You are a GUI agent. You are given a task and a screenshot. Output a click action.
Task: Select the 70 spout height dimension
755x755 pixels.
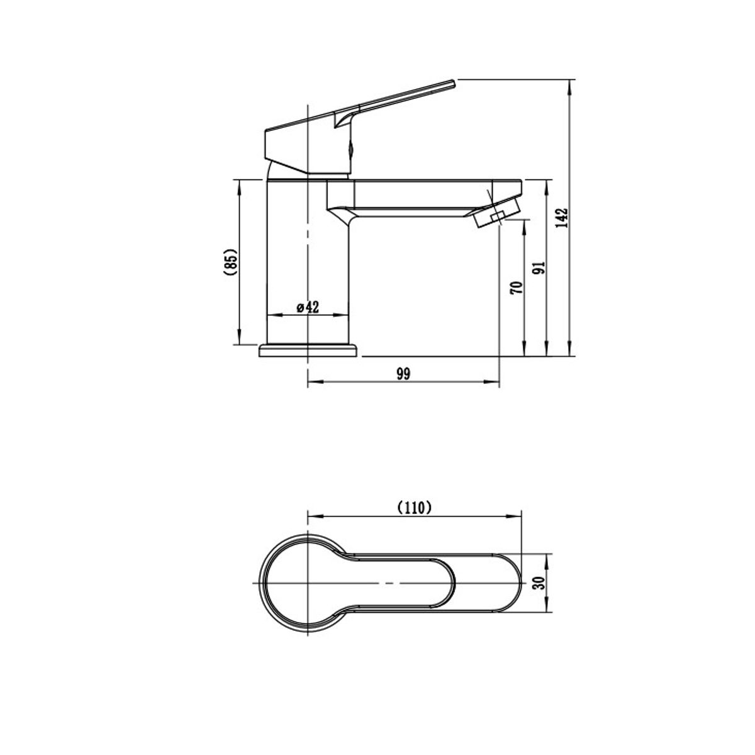tap(517, 287)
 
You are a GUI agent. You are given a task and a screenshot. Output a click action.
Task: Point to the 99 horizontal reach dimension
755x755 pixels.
tap(403, 374)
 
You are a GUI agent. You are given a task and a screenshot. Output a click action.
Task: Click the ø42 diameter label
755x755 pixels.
tap(308, 307)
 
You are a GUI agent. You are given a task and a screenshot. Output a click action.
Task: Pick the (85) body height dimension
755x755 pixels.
tap(232, 262)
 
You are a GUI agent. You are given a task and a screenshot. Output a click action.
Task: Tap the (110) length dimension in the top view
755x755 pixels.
tap(414, 508)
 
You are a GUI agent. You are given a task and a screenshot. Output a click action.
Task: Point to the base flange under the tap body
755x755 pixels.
tap(308, 350)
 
